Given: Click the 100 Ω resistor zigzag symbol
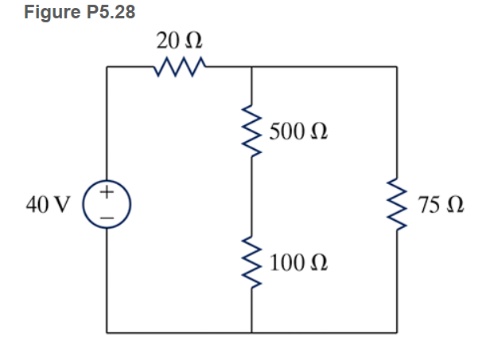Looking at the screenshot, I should pyautogui.click(x=251, y=262).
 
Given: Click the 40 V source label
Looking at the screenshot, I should pyautogui.click(x=47, y=205).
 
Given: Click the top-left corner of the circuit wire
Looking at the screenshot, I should pyautogui.click(x=108, y=69).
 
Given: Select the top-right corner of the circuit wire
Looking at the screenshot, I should pyautogui.click(x=396, y=69).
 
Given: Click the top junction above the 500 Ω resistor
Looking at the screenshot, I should pyautogui.click(x=251, y=69).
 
